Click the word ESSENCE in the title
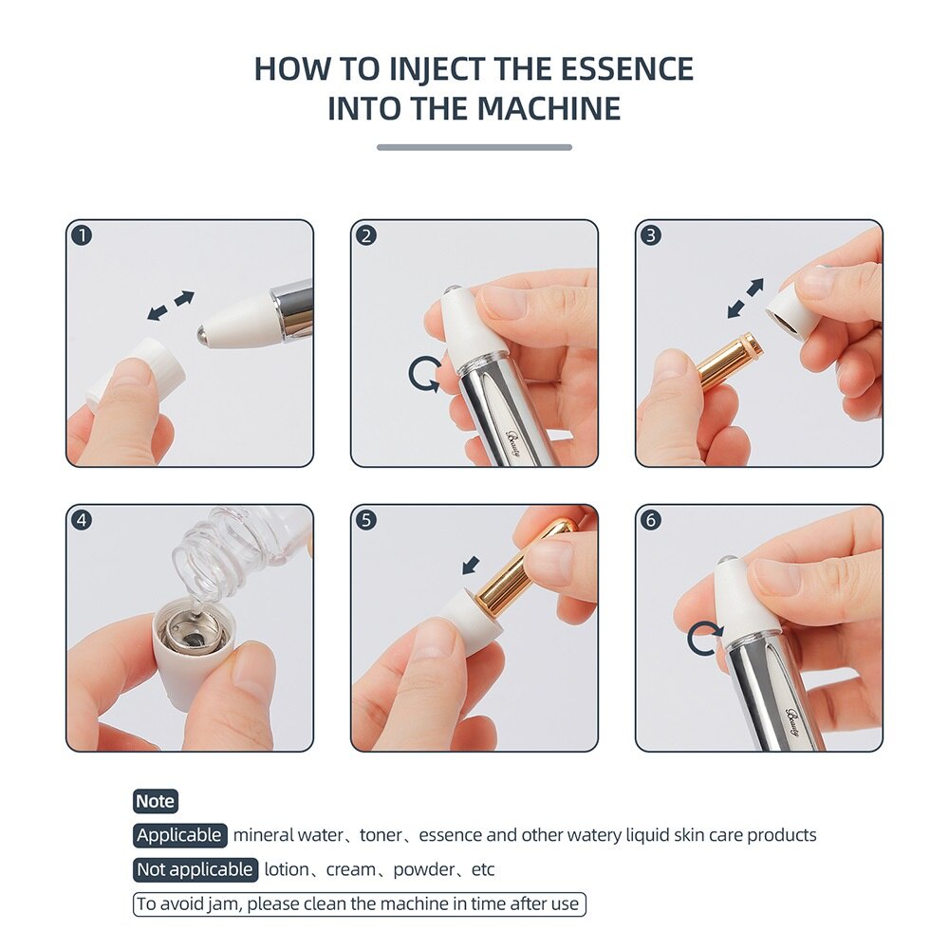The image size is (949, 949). (x=626, y=68)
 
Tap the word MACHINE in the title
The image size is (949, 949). (x=549, y=108)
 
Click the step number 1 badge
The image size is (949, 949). (x=82, y=234)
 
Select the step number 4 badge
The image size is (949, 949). (x=82, y=520)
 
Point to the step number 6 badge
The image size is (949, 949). (x=651, y=520)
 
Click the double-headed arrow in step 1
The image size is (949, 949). (x=171, y=306)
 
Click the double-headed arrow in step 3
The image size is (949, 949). (x=745, y=298)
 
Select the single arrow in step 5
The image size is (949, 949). (x=471, y=566)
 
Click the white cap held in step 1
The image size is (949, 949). (x=136, y=370)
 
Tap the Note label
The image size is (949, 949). (x=156, y=801)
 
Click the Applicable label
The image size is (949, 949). (x=179, y=835)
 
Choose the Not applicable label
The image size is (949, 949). (x=195, y=869)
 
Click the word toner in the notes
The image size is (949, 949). (x=381, y=835)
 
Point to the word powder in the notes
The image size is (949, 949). (x=423, y=870)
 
